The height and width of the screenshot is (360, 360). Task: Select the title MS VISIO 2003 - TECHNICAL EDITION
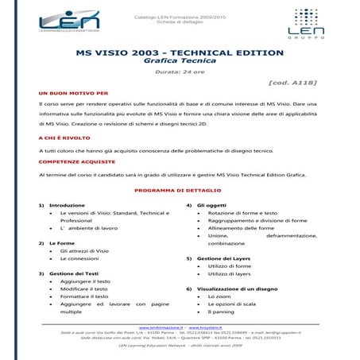coord(179,52)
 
